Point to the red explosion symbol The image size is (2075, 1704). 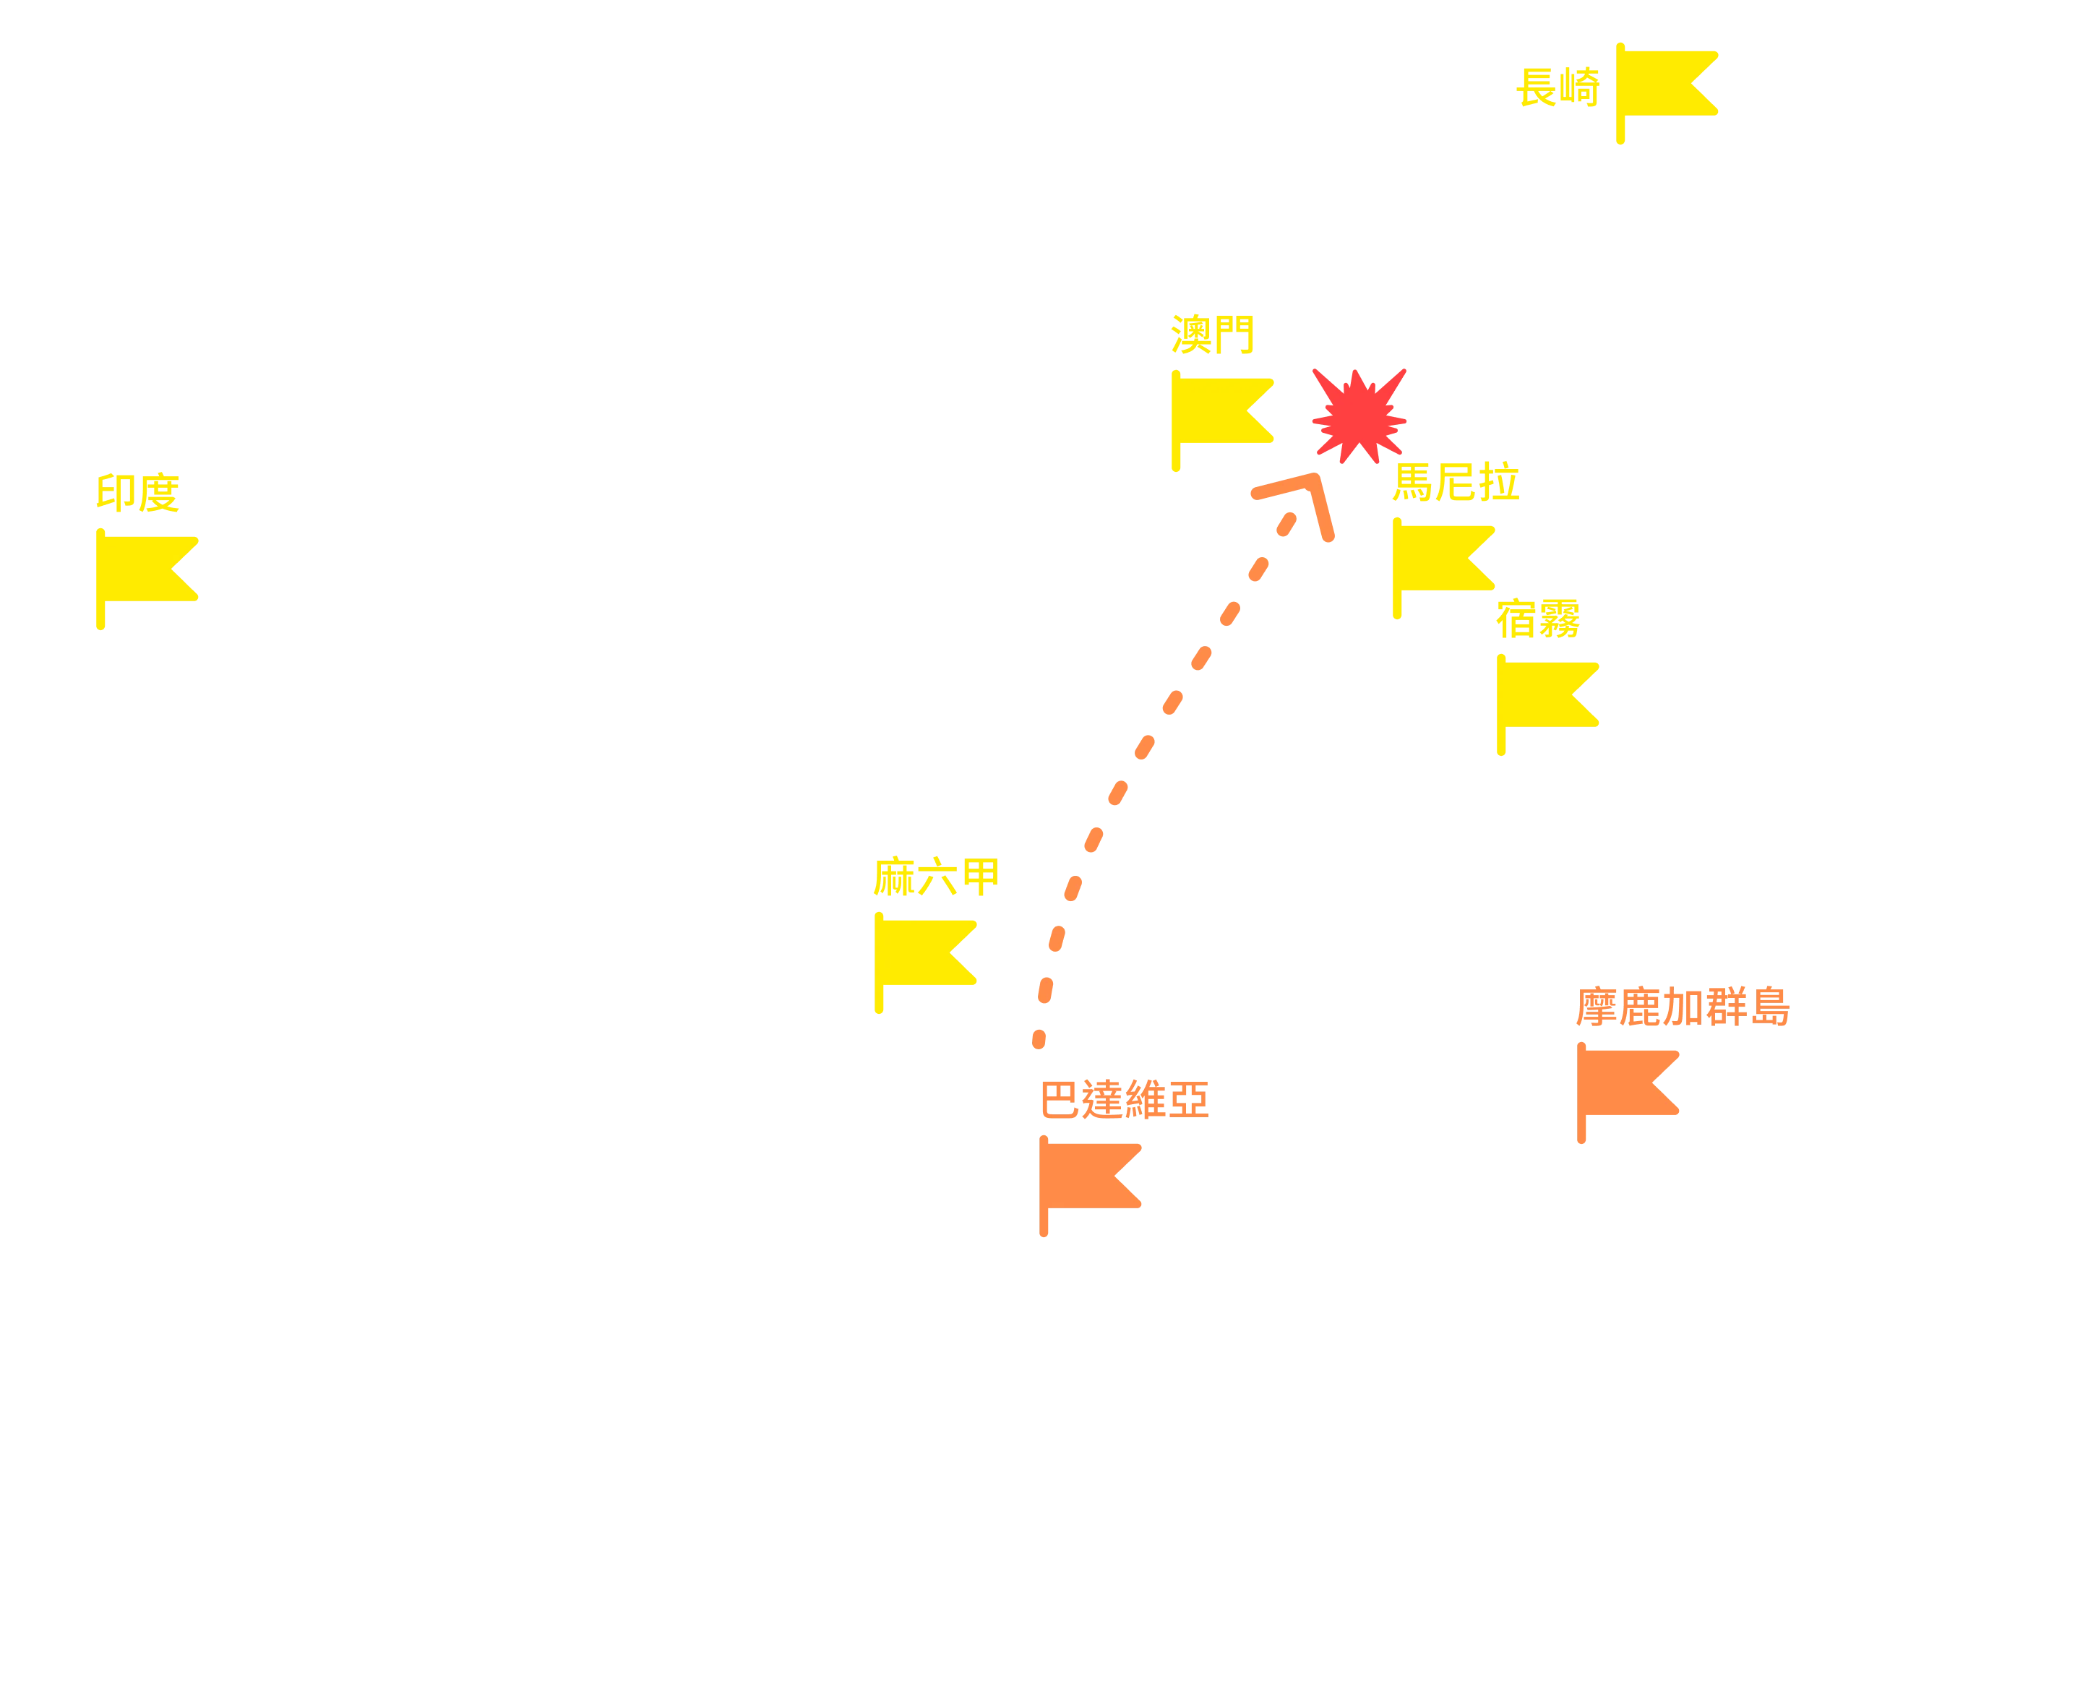pyautogui.click(x=1359, y=416)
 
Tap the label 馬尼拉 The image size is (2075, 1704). pyautogui.click(x=1456, y=482)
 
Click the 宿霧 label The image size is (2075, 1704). pyautogui.click(x=1538, y=619)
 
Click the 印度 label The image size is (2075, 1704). pyautogui.click(x=137, y=493)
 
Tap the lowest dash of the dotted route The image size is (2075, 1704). pyautogui.click(x=1039, y=1039)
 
